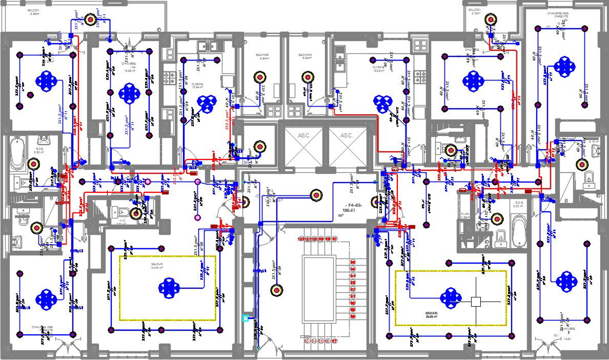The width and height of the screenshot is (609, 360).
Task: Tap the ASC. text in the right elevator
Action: click(x=348, y=135)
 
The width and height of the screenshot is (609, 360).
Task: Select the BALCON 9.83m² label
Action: click(x=35, y=12)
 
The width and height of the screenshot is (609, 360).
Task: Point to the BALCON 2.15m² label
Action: click(x=475, y=11)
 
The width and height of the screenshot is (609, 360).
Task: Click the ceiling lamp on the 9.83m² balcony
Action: click(x=90, y=19)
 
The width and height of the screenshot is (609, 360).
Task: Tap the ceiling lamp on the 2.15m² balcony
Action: click(x=492, y=19)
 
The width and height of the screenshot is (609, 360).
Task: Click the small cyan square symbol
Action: click(x=246, y=318)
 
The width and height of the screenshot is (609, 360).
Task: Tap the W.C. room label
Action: click(x=121, y=222)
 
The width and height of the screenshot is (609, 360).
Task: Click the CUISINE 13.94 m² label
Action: click(x=197, y=85)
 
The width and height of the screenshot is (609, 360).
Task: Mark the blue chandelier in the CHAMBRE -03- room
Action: click(x=129, y=94)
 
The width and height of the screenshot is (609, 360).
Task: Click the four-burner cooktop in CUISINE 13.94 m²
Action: click(x=169, y=78)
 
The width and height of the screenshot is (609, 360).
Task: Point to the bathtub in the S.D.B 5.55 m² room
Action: click(x=17, y=154)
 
